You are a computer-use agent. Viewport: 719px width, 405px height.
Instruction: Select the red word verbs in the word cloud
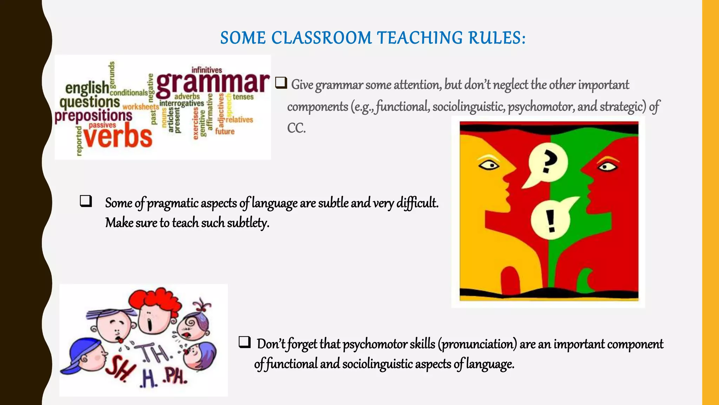pyautogui.click(x=118, y=137)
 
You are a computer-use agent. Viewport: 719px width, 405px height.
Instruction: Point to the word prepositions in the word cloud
pyautogui.click(x=93, y=116)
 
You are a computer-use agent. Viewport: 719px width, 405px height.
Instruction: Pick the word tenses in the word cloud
pyautogui.click(x=243, y=97)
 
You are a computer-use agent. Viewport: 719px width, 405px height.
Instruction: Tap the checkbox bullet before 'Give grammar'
pyautogui.click(x=281, y=83)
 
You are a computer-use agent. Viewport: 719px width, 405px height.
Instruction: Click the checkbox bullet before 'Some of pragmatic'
pyautogui.click(x=86, y=201)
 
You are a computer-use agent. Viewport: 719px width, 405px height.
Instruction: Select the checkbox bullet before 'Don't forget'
pyautogui.click(x=244, y=342)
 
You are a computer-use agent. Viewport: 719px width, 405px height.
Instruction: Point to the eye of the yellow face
pyautogui.click(x=489, y=165)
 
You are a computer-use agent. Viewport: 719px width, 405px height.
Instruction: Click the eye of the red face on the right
pyautogui.click(x=607, y=166)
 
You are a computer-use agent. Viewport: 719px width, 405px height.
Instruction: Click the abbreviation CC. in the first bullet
pyautogui.click(x=296, y=128)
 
